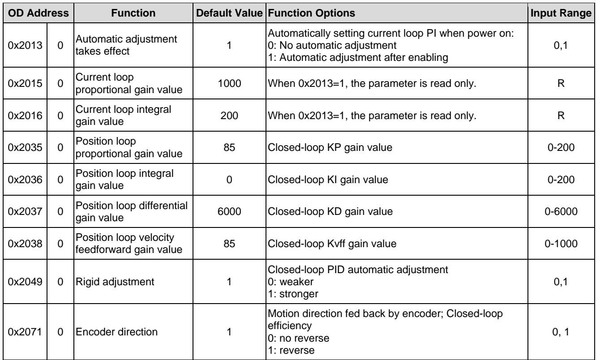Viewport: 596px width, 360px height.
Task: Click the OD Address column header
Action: coord(39,13)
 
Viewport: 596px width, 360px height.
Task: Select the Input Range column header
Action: coord(561,13)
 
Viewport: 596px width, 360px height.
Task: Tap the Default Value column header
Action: coord(229,13)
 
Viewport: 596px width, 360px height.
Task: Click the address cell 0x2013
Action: coord(25,45)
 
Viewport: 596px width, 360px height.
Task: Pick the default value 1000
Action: coord(229,83)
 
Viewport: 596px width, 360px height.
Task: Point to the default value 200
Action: coord(229,116)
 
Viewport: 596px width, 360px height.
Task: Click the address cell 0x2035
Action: coord(25,147)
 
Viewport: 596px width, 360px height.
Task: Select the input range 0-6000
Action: coord(561,211)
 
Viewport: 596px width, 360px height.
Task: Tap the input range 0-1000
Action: coord(561,244)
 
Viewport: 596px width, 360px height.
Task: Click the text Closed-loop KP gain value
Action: coord(330,147)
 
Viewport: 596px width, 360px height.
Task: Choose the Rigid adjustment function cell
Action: coord(115,282)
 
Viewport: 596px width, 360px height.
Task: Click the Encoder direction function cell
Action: coord(116,332)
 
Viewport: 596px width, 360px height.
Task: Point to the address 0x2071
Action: coord(25,332)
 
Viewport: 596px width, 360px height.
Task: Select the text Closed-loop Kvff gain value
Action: coord(332,244)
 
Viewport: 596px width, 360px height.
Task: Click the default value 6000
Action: coord(229,211)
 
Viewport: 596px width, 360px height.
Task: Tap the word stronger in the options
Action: coord(299,294)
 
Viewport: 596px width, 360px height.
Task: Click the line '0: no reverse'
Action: coord(299,338)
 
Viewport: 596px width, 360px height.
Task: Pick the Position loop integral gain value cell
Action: coord(124,180)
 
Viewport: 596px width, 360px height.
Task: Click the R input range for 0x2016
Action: coord(561,116)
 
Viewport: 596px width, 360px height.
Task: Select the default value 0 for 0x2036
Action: coord(229,180)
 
